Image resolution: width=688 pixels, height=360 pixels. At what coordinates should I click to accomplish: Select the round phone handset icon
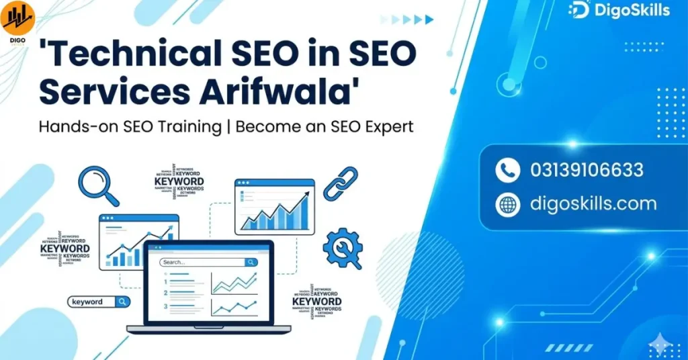point(507,171)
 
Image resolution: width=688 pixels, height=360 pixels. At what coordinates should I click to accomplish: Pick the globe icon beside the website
point(507,204)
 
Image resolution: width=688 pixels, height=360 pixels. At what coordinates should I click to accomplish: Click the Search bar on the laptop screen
point(208,262)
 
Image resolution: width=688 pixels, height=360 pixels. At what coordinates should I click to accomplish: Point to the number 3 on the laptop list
point(165,306)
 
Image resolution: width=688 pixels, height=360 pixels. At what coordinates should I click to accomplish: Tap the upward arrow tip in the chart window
point(308,194)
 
